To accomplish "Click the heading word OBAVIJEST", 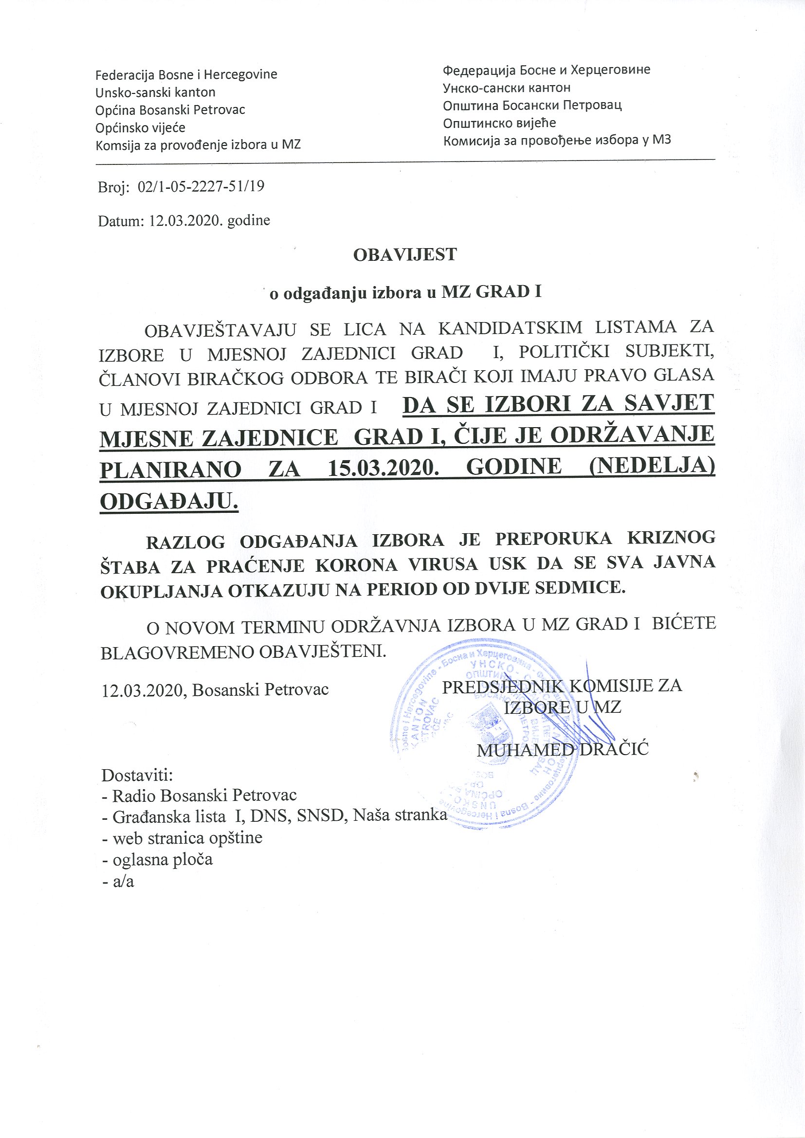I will tap(404, 255).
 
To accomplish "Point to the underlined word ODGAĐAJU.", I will tap(169, 501).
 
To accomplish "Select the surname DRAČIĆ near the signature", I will tap(614, 749).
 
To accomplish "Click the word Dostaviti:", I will tap(137, 774).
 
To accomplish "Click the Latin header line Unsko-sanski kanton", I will tap(155, 92).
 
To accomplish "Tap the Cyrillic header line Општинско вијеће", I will tap(499, 123).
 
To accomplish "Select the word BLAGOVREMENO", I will tap(178, 651).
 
